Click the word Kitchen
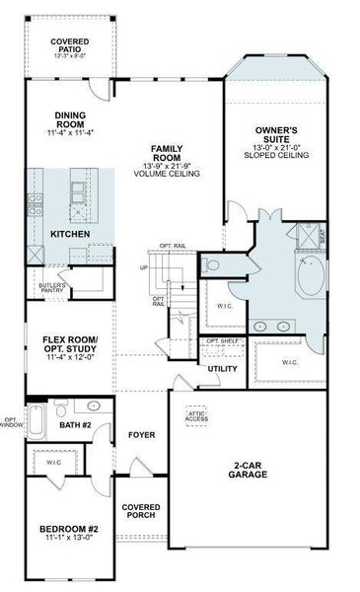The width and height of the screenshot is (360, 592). click(71, 234)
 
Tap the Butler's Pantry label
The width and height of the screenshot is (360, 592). click(52, 288)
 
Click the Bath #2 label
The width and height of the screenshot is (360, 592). click(74, 425)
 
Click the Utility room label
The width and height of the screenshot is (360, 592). click(222, 369)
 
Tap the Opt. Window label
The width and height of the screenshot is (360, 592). click(10, 422)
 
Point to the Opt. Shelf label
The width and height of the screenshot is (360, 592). click(224, 341)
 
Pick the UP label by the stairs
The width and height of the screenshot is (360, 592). click(144, 267)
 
